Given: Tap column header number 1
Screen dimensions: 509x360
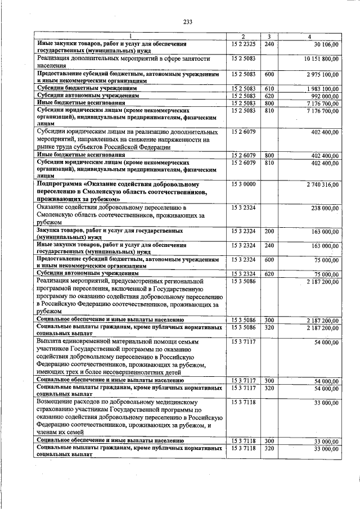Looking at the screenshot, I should click(x=130, y=37).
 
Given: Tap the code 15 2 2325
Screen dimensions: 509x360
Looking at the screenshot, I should click(x=243, y=43).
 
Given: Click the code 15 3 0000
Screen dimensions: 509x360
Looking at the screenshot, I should click(x=243, y=184).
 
